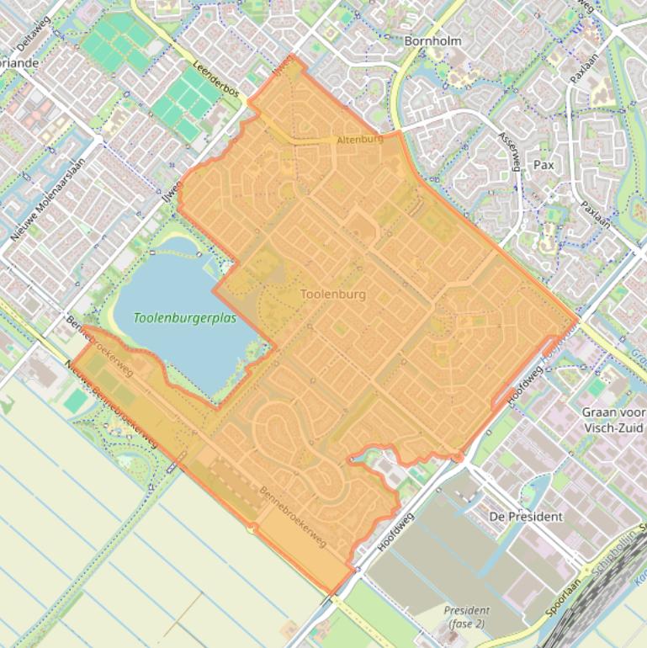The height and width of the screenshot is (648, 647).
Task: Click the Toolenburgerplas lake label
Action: click(x=184, y=319)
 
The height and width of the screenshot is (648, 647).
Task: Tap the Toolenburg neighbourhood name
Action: click(x=333, y=295)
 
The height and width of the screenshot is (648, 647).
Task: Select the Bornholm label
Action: click(x=434, y=40)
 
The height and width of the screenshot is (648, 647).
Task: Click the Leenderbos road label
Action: click(x=217, y=83)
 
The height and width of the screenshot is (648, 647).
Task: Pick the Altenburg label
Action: click(x=359, y=139)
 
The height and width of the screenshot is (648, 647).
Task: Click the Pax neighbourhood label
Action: click(x=544, y=165)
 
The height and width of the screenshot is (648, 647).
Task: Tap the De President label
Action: click(x=526, y=516)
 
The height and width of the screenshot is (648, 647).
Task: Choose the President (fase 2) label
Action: click(x=466, y=617)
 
